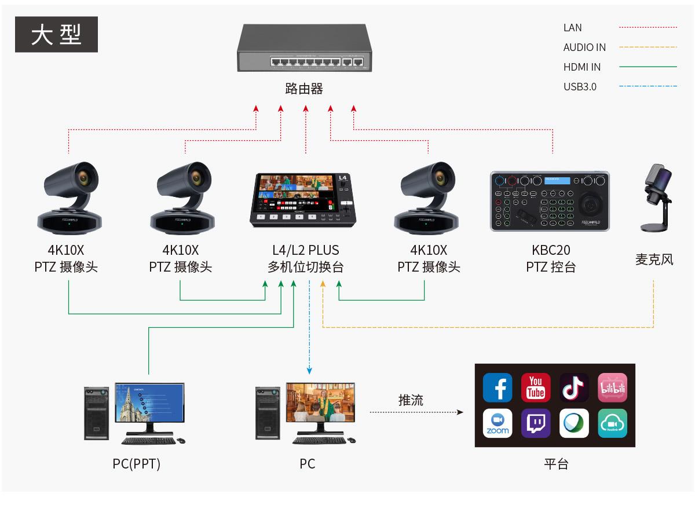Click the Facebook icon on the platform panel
click(x=498, y=387)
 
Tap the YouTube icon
click(x=536, y=387)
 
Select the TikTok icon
click(x=574, y=387)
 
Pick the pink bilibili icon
click(x=612, y=387)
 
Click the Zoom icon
click(x=498, y=423)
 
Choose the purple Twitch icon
click(x=536, y=423)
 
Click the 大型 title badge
click(x=56, y=35)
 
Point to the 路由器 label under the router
click(x=304, y=89)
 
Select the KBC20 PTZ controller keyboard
click(x=550, y=201)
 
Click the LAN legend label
click(x=572, y=28)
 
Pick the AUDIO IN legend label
click(x=584, y=47)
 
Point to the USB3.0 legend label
click(x=580, y=87)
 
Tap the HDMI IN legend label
click(x=582, y=67)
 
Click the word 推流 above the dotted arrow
click(x=411, y=400)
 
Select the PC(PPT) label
click(x=136, y=464)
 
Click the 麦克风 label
click(x=654, y=259)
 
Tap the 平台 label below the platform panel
click(x=556, y=464)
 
